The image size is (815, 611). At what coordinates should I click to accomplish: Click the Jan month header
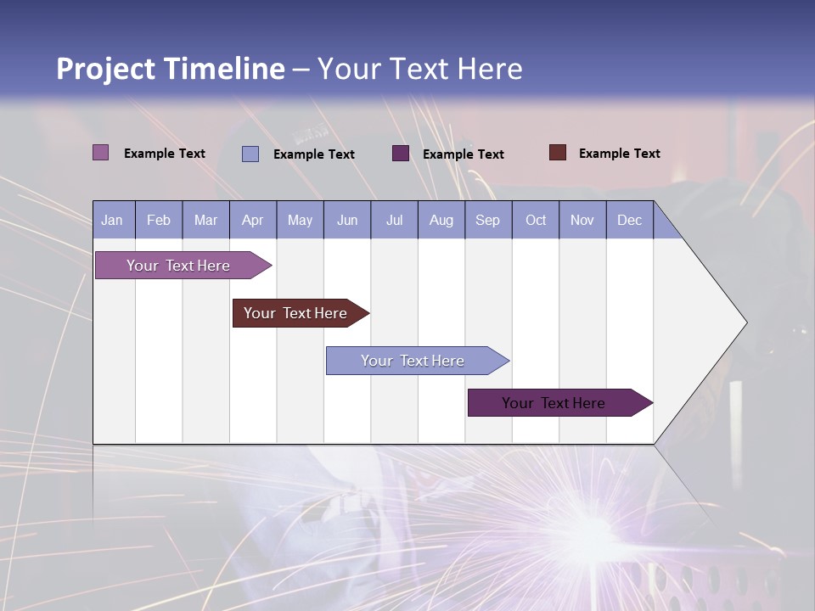pos(113,220)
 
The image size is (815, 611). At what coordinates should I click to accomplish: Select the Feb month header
pos(159,220)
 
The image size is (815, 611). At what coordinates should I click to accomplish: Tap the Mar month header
pos(205,220)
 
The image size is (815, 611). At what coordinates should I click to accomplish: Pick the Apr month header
pos(253,220)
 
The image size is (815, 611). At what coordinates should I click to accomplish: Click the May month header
pos(300,220)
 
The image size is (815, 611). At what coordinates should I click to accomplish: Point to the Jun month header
pos(347,220)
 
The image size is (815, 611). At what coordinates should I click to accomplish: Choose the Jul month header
pos(394,220)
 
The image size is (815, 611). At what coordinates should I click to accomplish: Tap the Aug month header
pos(441,220)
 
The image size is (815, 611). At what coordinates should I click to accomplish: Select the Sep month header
pos(488,220)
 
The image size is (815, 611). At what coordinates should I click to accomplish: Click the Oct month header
pos(536,220)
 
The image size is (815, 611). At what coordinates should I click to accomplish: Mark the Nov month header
pos(582,220)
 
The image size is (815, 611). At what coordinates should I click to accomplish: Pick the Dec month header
pos(630,220)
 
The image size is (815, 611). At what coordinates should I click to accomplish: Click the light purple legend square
pos(101,153)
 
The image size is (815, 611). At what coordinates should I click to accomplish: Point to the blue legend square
pos(250,154)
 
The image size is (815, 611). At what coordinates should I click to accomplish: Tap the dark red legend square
pos(558,153)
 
